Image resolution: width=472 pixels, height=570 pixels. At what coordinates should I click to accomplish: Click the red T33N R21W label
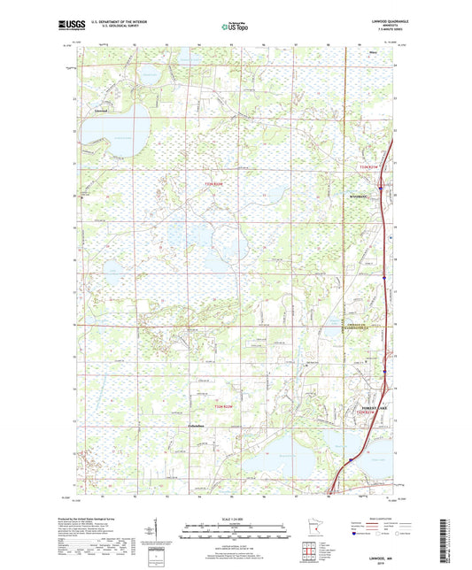(367, 166)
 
